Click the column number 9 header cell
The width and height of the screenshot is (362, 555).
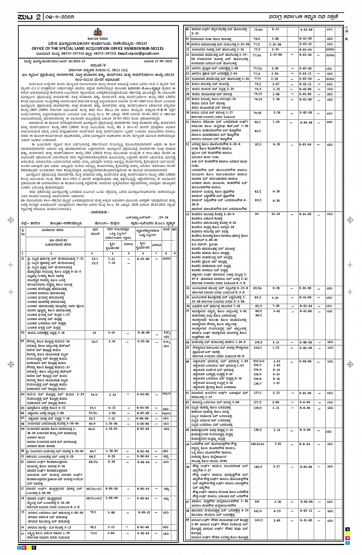(x=174, y=254)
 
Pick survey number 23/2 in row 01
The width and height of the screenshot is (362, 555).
(x=95, y=263)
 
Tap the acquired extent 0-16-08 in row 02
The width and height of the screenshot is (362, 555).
(x=143, y=333)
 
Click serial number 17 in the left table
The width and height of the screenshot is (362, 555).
(x=23, y=533)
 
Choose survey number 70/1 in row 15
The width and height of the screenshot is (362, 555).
(x=93, y=512)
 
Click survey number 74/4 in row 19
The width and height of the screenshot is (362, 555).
(x=257, y=39)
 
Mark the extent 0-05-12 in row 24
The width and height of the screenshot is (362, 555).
(x=306, y=73)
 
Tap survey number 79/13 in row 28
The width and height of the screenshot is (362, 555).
(x=257, y=94)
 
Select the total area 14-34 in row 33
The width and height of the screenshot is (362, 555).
(x=275, y=214)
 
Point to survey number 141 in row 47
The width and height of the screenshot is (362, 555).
(x=257, y=501)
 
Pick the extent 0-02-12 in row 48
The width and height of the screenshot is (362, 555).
(x=306, y=511)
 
